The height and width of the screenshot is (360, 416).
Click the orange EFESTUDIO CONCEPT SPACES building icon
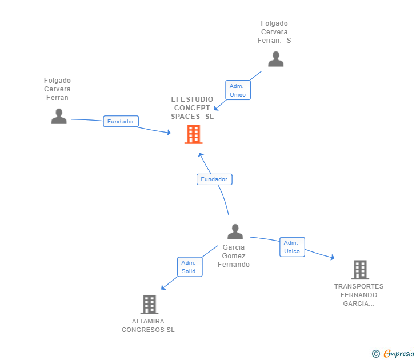click(x=193, y=134)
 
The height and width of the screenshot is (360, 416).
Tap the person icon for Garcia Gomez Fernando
click(x=235, y=231)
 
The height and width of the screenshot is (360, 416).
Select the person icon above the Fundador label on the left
click(x=58, y=116)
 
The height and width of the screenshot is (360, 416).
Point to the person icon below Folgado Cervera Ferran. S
click(x=275, y=59)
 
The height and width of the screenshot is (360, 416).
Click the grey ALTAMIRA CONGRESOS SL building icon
click(x=149, y=305)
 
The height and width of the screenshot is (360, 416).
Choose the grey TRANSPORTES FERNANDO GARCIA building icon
click(x=359, y=269)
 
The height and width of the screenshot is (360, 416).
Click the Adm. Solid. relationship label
click(x=189, y=267)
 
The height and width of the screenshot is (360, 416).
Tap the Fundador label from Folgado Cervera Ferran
click(x=121, y=121)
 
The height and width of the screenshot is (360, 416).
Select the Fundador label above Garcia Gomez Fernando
click(x=214, y=179)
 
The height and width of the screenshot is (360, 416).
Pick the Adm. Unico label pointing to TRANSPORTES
click(x=292, y=247)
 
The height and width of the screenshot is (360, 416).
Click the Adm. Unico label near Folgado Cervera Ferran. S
click(x=238, y=90)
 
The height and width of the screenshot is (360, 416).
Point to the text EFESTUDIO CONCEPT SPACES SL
click(x=192, y=107)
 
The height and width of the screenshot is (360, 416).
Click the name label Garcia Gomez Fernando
click(x=234, y=256)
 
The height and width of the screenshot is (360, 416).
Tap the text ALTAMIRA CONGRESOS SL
click(x=148, y=326)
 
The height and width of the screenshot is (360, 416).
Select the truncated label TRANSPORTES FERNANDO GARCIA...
click(x=359, y=295)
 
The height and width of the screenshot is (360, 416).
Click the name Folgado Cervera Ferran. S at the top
click(x=274, y=32)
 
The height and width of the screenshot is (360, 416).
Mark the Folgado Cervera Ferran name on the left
click(x=57, y=89)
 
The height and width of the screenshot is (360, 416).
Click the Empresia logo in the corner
click(x=399, y=353)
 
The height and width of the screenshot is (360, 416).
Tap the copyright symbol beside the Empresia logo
click(x=376, y=354)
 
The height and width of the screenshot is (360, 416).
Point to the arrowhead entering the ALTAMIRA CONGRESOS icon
click(x=163, y=287)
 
